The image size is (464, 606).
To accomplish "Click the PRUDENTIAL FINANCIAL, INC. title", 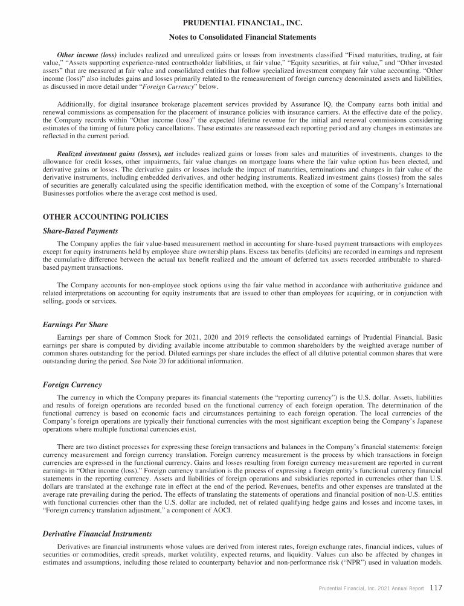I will [242, 24].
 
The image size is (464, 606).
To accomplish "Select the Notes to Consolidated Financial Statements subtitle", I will [242, 37].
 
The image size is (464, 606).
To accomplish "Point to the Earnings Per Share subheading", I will [75, 325].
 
